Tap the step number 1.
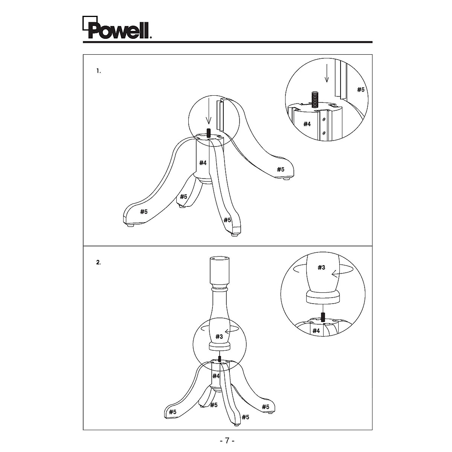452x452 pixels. click(x=99, y=71)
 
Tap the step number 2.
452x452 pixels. click(x=99, y=263)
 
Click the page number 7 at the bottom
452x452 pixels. click(x=227, y=440)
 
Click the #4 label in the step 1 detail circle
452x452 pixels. click(x=307, y=124)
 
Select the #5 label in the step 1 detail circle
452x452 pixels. click(x=361, y=90)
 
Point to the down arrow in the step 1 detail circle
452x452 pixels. click(x=327, y=74)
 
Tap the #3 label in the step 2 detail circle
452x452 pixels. click(x=321, y=267)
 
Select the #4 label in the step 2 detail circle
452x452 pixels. click(x=316, y=331)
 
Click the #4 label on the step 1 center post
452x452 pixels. click(x=203, y=163)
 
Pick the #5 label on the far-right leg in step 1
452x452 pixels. click(x=281, y=169)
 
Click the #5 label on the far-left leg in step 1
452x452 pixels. click(x=144, y=212)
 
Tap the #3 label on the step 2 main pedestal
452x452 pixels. click(x=219, y=336)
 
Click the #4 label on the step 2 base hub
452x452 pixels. click(x=216, y=376)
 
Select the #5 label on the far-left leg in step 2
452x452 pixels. click(x=173, y=412)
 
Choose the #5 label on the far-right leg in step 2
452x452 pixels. click(x=266, y=407)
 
